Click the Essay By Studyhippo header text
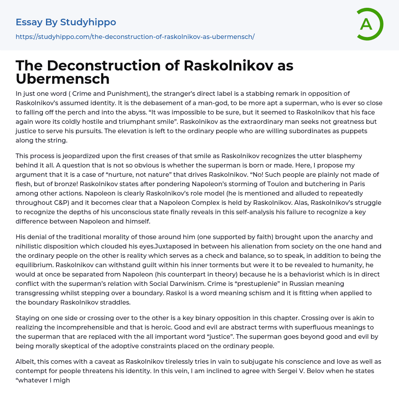tap(66, 22)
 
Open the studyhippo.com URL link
tap(135, 37)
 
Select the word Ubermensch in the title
tap(62, 79)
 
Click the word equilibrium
tap(34, 265)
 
